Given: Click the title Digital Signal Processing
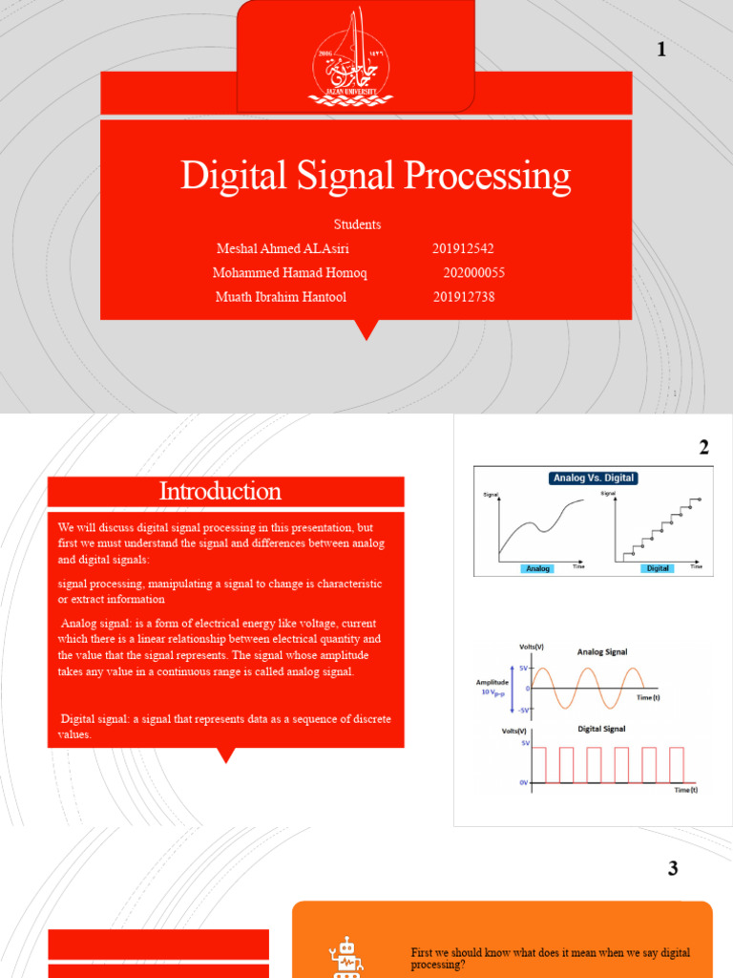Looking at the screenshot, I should coord(376,176).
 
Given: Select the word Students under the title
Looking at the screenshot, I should coord(358,224).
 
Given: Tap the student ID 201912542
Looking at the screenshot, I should coord(463,248).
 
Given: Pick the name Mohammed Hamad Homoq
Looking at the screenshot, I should coord(289,272).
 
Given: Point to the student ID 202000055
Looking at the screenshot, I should coord(474,272).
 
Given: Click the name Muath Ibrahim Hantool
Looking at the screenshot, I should coord(282,297).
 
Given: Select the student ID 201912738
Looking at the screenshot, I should coord(464,297).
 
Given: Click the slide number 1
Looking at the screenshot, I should coord(660,51).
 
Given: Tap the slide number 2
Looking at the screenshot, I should coord(703,447).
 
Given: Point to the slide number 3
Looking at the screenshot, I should coord(673,868).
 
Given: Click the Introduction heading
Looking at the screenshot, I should coord(220,492).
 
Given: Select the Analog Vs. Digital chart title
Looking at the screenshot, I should coord(593,478).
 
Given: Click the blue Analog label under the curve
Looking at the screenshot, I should coord(538,568).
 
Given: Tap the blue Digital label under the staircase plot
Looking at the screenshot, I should coord(658,568).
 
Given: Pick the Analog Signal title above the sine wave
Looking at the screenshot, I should coord(602,652).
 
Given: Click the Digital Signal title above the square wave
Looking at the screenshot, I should coord(602,728).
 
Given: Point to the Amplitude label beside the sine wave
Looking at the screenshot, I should coord(494,683).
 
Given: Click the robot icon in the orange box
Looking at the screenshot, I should coord(345,958).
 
